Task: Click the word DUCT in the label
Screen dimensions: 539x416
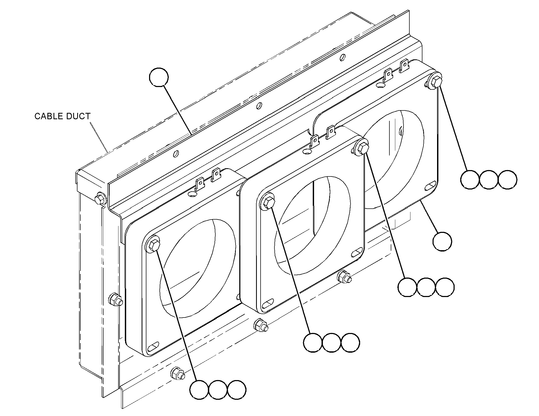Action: pos(79,116)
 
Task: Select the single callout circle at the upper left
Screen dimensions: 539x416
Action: pos(159,77)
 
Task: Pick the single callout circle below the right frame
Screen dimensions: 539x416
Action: pos(442,241)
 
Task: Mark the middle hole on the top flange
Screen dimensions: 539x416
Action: pos(259,106)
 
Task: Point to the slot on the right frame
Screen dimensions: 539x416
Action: pos(430,186)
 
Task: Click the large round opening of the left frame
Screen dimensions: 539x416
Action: pos(198,268)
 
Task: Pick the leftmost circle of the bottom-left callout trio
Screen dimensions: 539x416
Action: pos(199,390)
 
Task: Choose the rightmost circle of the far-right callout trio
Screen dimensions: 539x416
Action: pos(507,180)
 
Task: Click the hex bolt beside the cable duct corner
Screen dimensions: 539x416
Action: pos(100,198)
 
